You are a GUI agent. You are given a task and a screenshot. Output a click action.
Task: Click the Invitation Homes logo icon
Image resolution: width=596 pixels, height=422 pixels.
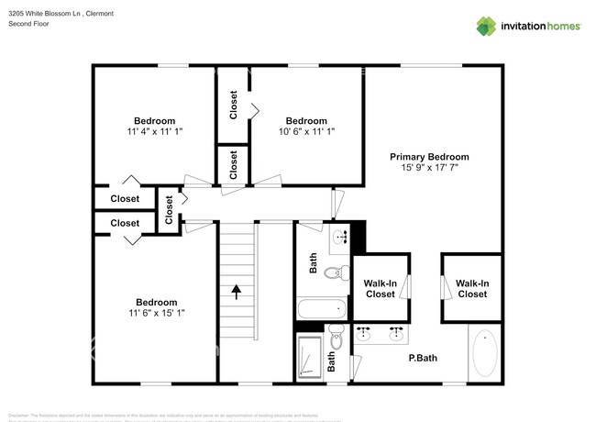click(x=486, y=26)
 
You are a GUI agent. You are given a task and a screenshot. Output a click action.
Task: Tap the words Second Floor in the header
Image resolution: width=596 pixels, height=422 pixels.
click(x=28, y=24)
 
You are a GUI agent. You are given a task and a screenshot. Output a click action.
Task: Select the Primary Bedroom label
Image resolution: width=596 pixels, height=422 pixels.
click(x=429, y=157)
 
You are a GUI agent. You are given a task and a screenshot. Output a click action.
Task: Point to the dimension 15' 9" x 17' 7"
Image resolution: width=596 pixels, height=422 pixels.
click(x=429, y=168)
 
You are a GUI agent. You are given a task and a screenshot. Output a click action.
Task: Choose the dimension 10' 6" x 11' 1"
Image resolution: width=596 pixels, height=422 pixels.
click(x=305, y=132)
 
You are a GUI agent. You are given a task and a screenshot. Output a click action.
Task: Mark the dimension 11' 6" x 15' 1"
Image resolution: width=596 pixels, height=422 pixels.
click(x=156, y=313)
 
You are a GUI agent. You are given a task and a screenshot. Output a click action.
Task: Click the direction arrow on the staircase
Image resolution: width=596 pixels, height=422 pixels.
click(x=237, y=293)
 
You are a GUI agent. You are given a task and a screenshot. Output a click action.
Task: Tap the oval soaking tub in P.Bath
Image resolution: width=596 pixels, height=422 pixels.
click(x=485, y=353)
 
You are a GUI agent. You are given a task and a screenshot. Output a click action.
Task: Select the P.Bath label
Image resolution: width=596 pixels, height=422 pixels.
click(x=422, y=360)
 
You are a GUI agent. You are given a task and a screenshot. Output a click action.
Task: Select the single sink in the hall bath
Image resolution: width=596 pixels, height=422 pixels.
click(x=340, y=237)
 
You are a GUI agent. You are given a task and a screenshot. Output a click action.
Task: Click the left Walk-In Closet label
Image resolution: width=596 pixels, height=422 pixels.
click(x=381, y=289)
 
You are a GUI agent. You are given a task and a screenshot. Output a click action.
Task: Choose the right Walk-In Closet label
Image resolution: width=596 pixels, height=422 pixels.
click(x=472, y=289)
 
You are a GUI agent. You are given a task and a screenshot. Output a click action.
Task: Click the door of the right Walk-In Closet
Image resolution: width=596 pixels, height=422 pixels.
click(x=447, y=287)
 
